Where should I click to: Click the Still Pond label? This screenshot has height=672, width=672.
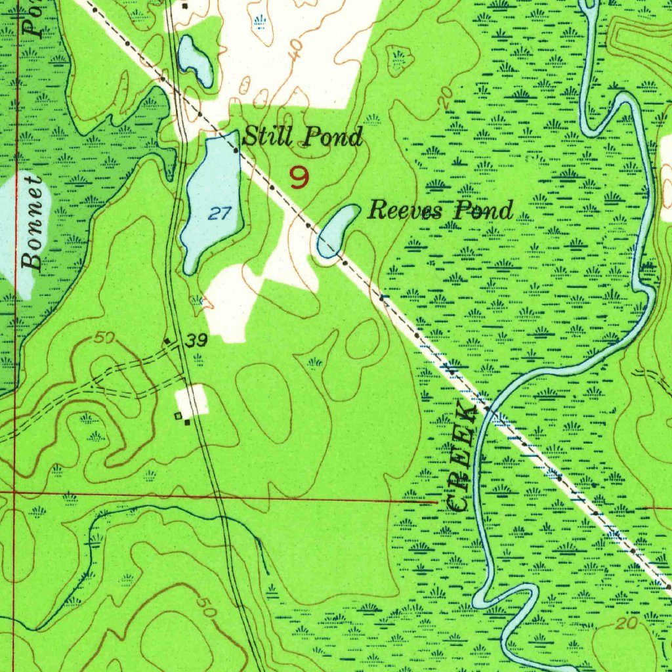pos(303,138)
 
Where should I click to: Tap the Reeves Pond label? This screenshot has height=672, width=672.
pos(440,211)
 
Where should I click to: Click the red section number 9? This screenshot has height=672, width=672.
pos(299,177)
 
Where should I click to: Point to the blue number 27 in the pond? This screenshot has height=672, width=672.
pos(221,213)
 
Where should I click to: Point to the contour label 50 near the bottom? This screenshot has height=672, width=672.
pos(205,605)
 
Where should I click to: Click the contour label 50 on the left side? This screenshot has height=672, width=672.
pos(104,338)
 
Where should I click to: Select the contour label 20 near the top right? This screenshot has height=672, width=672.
pos(446,98)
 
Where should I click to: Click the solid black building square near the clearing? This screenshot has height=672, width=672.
pos(187,422)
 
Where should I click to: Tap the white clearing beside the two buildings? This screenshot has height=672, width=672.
pos(192,400)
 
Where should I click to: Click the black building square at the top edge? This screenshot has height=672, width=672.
pos(185,6)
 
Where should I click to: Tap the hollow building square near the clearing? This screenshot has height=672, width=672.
pos(178,415)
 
